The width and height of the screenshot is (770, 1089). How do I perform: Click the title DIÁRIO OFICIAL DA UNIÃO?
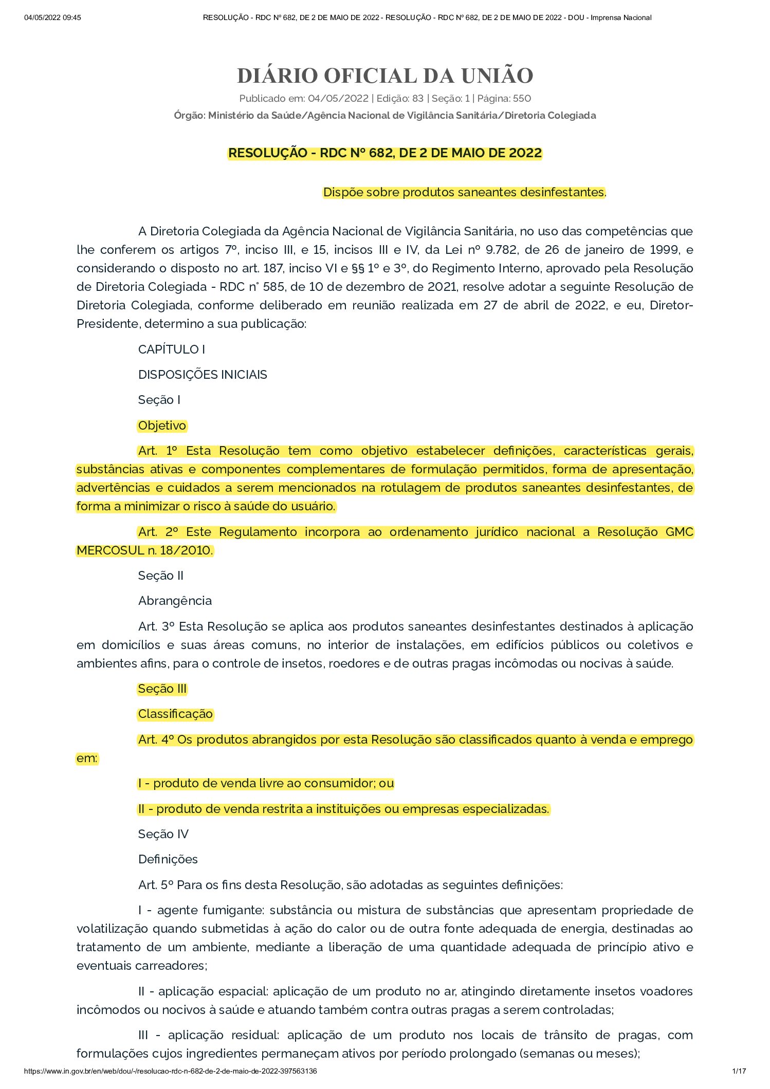(x=385, y=76)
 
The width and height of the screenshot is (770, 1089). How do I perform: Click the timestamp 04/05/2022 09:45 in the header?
(x=52, y=17)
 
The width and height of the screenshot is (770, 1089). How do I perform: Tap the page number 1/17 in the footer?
(x=739, y=1071)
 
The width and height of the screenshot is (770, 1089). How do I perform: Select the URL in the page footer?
(x=170, y=1071)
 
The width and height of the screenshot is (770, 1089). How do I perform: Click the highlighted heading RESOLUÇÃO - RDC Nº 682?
(x=385, y=153)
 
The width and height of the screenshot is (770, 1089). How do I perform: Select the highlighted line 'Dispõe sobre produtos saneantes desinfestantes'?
(x=464, y=192)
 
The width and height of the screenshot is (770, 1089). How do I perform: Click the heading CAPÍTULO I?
(x=171, y=349)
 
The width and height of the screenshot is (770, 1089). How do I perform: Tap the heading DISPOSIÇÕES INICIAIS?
(x=203, y=375)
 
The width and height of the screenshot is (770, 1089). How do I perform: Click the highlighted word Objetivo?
(x=162, y=426)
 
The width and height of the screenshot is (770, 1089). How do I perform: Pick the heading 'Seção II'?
(x=160, y=576)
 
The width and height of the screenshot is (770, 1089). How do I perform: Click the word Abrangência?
(x=175, y=601)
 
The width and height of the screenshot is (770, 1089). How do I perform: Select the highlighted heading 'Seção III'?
(x=162, y=689)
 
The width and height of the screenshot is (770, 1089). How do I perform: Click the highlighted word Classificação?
(x=175, y=714)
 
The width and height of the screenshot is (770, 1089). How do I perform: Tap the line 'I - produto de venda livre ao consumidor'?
(x=266, y=783)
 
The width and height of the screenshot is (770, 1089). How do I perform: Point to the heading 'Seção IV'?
(x=163, y=834)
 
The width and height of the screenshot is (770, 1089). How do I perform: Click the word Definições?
(x=168, y=859)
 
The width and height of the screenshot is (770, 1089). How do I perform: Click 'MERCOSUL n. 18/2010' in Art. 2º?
(x=144, y=550)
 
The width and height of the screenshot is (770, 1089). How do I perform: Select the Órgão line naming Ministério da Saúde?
(x=385, y=116)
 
